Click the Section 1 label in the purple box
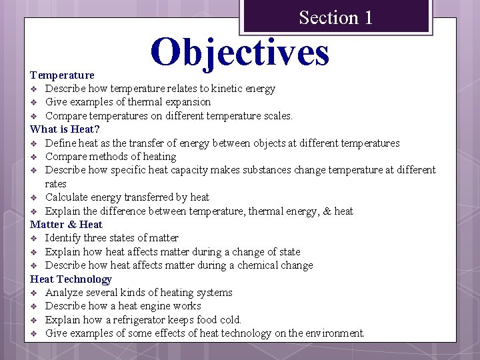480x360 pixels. coord(335,17)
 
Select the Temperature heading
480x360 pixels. coord(63,75)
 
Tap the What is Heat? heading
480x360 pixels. coord(65,129)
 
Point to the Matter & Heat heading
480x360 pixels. coord(66,225)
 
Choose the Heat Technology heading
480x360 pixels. coord(71,279)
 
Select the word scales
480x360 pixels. coord(276,116)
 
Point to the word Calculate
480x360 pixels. coord(67,197)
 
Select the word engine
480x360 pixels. coord(161,306)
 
